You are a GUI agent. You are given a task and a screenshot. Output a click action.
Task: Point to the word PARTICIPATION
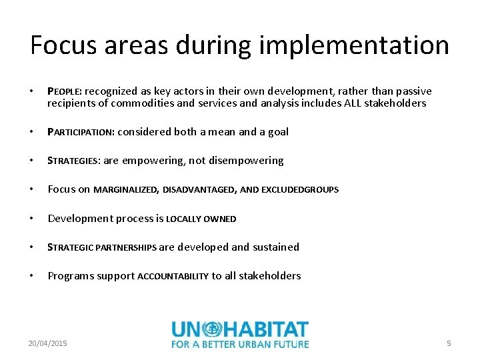[x=81, y=132]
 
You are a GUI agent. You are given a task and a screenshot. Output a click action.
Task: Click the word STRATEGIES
[x=73, y=161]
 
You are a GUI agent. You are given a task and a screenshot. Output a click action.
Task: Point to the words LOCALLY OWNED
[x=201, y=219]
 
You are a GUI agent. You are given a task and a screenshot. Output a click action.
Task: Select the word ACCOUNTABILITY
[x=173, y=277]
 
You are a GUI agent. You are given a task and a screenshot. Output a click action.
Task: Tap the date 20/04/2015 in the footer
[x=47, y=343]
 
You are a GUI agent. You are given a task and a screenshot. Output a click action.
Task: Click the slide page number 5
[x=449, y=343]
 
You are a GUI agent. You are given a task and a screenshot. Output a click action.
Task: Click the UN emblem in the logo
[x=212, y=329]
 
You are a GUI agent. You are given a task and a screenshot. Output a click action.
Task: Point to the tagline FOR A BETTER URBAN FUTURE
[x=240, y=344]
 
